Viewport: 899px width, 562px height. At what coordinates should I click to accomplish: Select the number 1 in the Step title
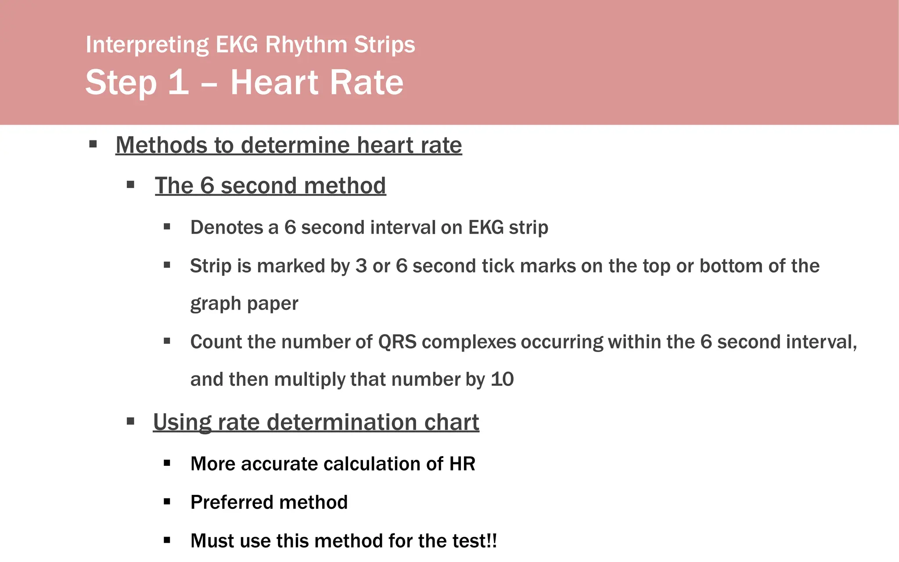click(178, 82)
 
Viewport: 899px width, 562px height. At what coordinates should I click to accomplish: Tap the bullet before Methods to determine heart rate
click(93, 144)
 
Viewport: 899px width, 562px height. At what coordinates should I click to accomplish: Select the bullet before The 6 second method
click(130, 185)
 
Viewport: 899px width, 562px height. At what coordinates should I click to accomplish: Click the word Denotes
click(227, 227)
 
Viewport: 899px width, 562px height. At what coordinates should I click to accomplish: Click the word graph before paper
click(215, 304)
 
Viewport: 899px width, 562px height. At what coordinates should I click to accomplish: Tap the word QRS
click(397, 342)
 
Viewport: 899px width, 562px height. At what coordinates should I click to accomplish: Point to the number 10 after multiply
click(502, 379)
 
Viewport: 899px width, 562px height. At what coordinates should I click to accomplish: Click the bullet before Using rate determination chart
click(130, 421)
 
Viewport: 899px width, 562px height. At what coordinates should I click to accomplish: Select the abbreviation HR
click(462, 464)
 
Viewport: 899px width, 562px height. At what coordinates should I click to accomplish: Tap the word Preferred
click(236, 502)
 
